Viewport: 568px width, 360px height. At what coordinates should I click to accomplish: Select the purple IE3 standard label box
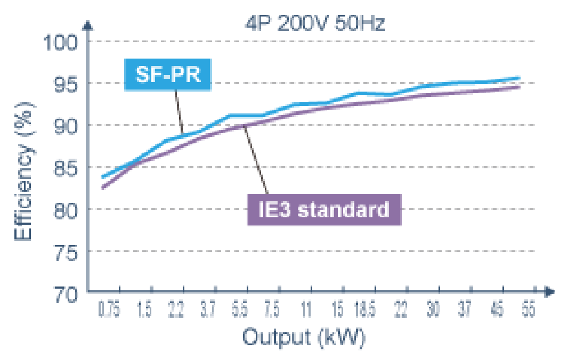coord(324,209)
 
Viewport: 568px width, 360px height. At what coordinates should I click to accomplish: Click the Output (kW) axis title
coord(304,337)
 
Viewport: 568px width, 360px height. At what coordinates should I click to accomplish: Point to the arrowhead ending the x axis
coord(550,292)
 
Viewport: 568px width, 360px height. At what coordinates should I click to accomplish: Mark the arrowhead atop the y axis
coord(88,24)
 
